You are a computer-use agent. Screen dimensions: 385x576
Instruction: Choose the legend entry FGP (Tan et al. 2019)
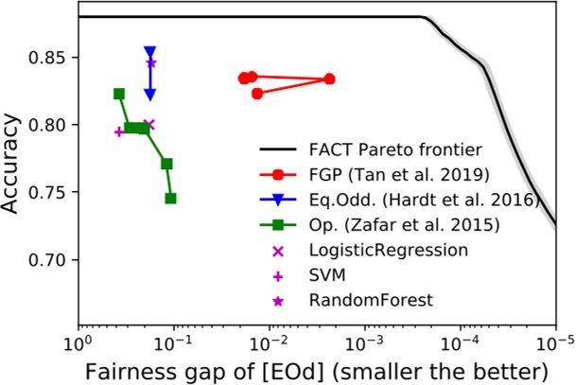tap(384, 175)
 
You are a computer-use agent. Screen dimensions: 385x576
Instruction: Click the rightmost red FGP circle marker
tap(329, 79)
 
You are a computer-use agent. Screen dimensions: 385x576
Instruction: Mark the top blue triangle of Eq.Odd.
tap(149, 53)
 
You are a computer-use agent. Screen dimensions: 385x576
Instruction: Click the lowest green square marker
tap(170, 199)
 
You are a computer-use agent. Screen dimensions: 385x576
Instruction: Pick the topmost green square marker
tap(119, 94)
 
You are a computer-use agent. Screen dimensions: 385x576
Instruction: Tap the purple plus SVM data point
tap(119, 131)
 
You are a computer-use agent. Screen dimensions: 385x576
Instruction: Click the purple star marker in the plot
tap(151, 63)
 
